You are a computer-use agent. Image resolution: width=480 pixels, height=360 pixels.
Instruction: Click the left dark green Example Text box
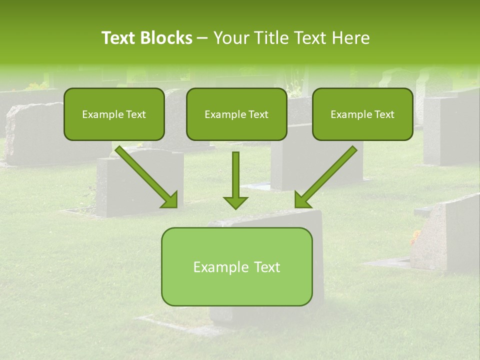point(114,114)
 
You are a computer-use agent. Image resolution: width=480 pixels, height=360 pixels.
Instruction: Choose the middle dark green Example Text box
point(236,114)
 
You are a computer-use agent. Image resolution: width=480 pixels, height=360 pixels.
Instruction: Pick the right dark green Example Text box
point(362,114)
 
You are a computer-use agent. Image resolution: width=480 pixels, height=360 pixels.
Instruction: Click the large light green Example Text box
point(236,266)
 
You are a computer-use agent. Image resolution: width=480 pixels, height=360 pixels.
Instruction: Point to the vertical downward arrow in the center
point(235,177)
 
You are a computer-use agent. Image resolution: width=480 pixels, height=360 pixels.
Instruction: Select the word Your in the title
point(229,38)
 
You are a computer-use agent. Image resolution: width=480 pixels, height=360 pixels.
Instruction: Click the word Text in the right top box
point(384,114)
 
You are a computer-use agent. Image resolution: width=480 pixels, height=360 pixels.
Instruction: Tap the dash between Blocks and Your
point(202,38)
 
